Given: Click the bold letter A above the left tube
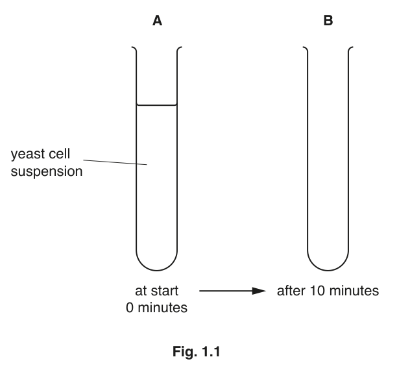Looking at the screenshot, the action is coord(157,20).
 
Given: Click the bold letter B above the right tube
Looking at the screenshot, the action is coord(328,20).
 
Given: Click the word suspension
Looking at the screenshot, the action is coord(47,171).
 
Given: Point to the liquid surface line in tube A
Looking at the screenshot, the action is coord(156,105).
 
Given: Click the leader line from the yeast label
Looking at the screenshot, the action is coord(115,162).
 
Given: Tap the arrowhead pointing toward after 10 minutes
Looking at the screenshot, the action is coord(259,291).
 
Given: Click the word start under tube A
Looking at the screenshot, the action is coord(164,291).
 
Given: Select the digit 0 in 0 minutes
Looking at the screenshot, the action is coord(130,308).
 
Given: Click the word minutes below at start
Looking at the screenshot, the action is coord(162,308).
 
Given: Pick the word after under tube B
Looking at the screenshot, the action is coord(291,291).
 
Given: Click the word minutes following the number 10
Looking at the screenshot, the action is coord(354,291).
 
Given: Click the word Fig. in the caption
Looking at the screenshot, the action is coord(185,351).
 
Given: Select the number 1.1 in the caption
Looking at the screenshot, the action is coord(211,352).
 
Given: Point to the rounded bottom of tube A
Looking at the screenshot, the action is coord(156,270).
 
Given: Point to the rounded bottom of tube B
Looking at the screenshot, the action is coord(328,270).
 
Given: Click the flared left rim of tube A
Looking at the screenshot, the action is coord(134,49).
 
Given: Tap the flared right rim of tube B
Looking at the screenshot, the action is coord(351,49).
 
